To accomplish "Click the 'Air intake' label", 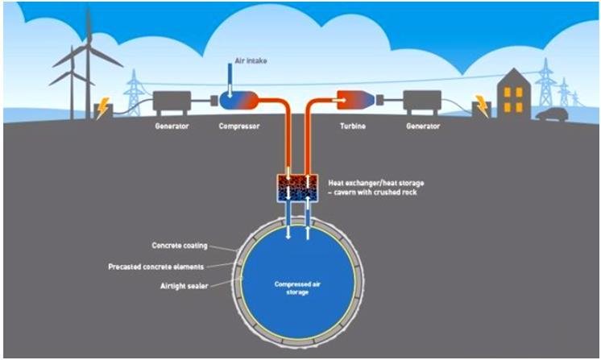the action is (251, 60).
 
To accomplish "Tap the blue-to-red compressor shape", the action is (238, 100).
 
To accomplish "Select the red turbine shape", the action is (355, 100).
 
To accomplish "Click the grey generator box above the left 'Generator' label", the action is (172, 102).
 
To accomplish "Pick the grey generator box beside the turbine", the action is (422, 102).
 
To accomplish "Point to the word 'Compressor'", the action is (239, 126).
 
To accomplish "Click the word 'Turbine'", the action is (353, 126).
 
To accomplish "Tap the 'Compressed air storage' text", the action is (297, 288).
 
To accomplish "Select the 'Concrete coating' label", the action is (180, 246).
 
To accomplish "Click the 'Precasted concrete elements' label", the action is (156, 267).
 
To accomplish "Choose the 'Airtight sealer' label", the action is (184, 286).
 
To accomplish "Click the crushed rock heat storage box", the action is (297, 188).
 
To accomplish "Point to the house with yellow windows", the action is (514, 94).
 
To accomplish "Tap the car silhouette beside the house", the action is (552, 114).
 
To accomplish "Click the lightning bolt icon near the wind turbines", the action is (102, 109).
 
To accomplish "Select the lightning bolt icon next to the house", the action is (482, 106).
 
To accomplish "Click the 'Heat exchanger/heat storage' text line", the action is (376, 183).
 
